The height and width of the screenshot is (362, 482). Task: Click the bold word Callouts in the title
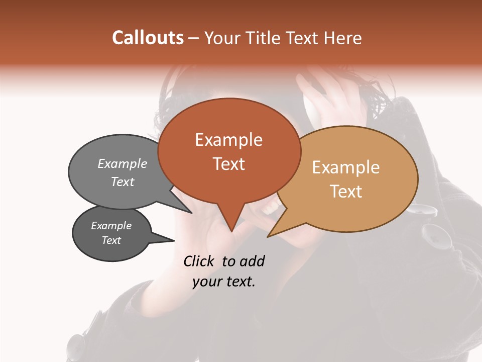(148, 38)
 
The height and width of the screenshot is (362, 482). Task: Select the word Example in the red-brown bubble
(228, 140)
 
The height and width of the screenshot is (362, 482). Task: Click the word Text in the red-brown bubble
(228, 164)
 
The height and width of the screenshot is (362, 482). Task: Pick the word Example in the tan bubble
(346, 167)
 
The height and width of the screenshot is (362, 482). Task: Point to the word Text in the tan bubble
(346, 192)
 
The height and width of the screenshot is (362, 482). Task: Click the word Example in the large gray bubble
(123, 163)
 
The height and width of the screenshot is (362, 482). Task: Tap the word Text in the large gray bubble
(123, 182)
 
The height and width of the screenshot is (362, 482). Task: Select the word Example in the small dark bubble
(111, 226)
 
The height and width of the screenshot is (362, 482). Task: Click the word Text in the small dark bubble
(111, 240)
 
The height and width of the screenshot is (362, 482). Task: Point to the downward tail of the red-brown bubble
(231, 221)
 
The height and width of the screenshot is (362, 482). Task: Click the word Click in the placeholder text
(199, 261)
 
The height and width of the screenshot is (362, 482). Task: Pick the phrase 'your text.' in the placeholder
(224, 282)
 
